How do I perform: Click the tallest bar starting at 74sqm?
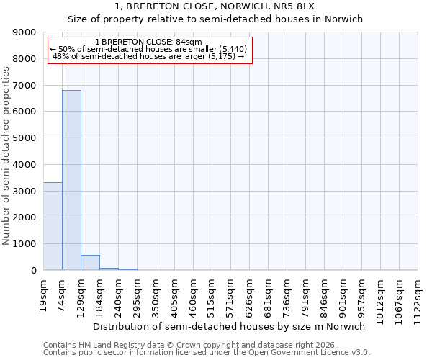click(x=71, y=180)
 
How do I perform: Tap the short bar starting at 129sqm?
click(x=90, y=263)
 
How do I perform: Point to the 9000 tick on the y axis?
click(x=25, y=32)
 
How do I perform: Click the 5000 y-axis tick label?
click(x=25, y=138)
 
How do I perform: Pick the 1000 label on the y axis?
click(x=25, y=244)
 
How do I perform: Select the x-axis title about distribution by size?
click(x=230, y=326)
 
